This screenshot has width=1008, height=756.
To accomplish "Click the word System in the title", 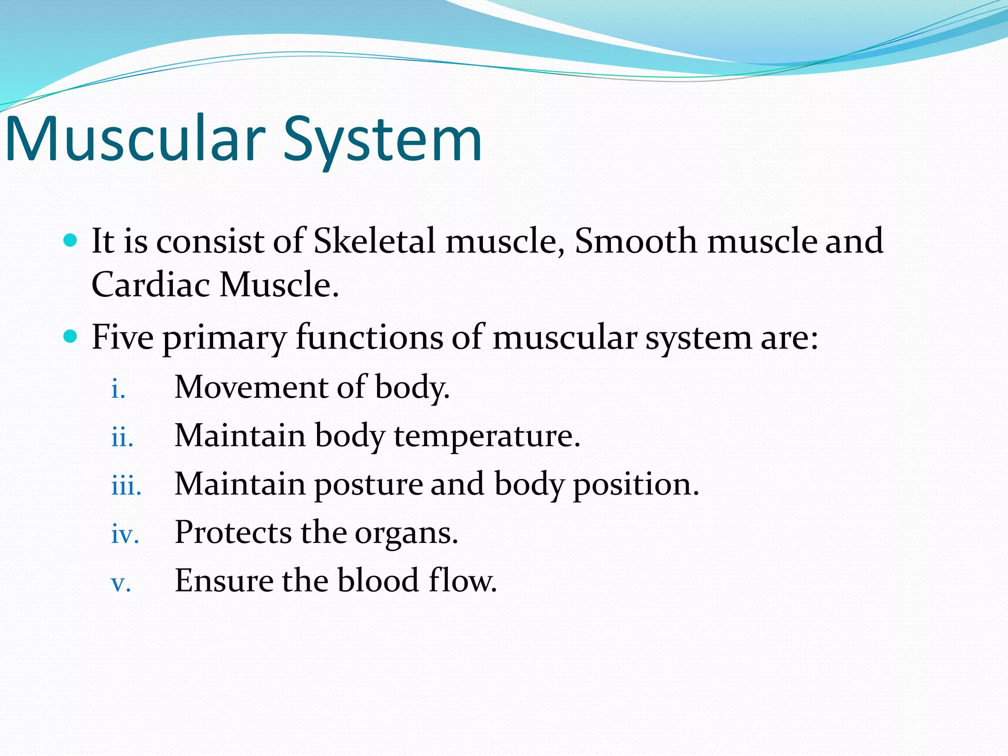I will tap(382, 139).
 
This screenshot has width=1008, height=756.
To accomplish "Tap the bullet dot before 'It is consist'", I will tap(71, 241).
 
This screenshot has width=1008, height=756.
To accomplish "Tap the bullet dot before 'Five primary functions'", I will tap(71, 337).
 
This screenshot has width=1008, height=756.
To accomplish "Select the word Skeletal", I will tap(374, 241).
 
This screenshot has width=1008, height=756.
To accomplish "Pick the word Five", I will tap(123, 338).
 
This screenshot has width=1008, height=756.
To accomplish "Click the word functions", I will tap(369, 338).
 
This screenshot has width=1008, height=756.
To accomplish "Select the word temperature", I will tap(486, 436).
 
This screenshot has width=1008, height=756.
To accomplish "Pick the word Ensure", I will tap(224, 581).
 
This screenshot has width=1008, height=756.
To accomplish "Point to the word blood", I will tap(378, 581).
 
